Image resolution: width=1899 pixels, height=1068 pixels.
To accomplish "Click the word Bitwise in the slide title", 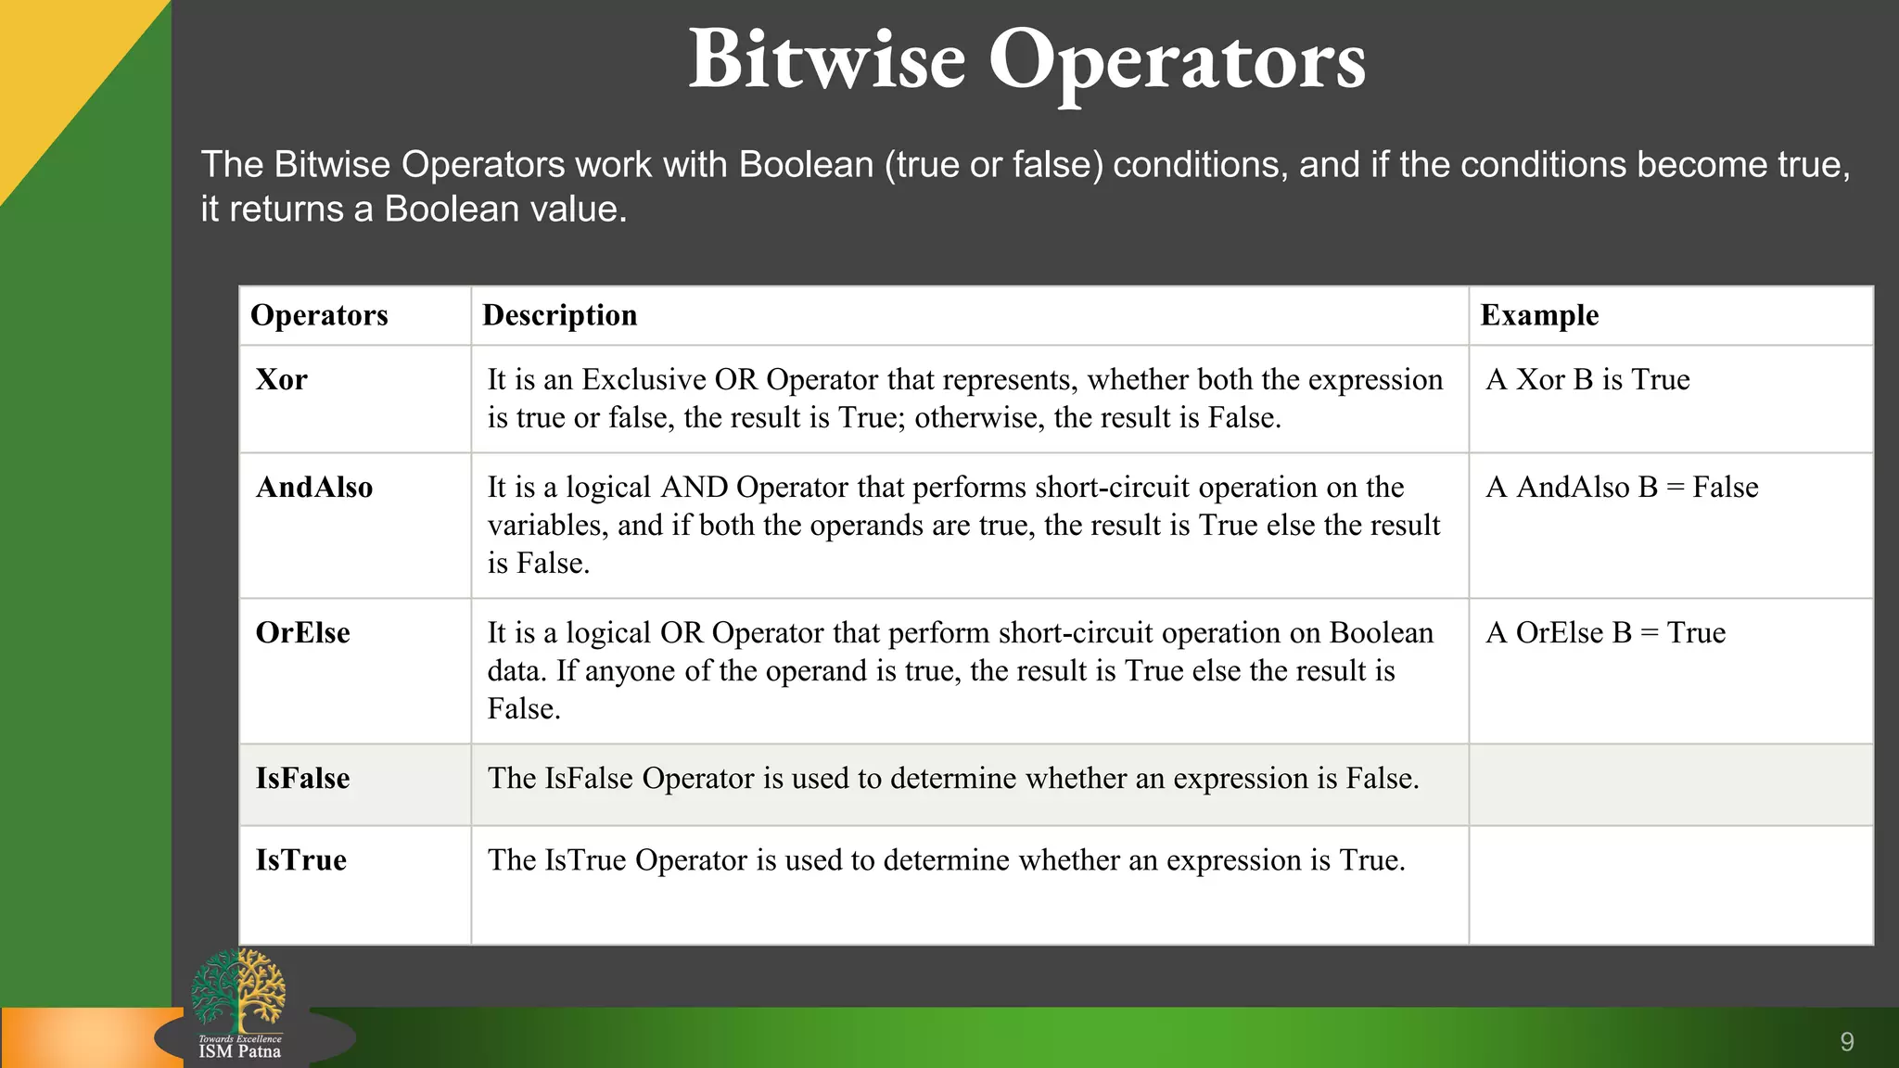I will pyautogui.click(x=826, y=60).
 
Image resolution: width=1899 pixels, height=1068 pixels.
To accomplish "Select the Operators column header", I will pyautogui.click(x=319, y=315).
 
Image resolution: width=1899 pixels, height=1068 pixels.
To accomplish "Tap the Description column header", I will pyautogui.click(x=559, y=315).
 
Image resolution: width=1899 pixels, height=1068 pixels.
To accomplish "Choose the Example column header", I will pyautogui.click(x=1539, y=315).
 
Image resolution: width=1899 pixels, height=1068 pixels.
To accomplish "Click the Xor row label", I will pyautogui.click(x=281, y=380).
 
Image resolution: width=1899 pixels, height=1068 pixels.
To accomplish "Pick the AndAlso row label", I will pyautogui.click(x=313, y=488).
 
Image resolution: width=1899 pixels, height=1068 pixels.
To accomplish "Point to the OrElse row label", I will pyautogui.click(x=302, y=633).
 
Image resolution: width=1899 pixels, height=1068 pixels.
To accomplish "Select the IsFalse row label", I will pyautogui.click(x=302, y=779).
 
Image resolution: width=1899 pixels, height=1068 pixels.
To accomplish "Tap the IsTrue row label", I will pyautogui.click(x=300, y=860).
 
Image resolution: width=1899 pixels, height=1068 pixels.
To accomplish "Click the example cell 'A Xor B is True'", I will pyautogui.click(x=1587, y=380).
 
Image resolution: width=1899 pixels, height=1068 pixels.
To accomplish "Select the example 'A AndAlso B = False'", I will pyautogui.click(x=1622, y=488).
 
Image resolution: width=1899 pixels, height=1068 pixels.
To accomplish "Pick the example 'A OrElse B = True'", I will pyautogui.click(x=1605, y=633).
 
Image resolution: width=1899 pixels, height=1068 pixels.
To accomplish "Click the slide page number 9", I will pyautogui.click(x=1847, y=1042).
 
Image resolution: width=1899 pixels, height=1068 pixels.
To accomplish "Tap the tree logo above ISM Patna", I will pyautogui.click(x=238, y=990).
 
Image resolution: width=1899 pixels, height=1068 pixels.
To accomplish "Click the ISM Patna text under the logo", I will pyautogui.click(x=239, y=1051).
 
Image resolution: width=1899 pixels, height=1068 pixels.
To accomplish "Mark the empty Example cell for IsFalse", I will pyautogui.click(x=1670, y=784).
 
